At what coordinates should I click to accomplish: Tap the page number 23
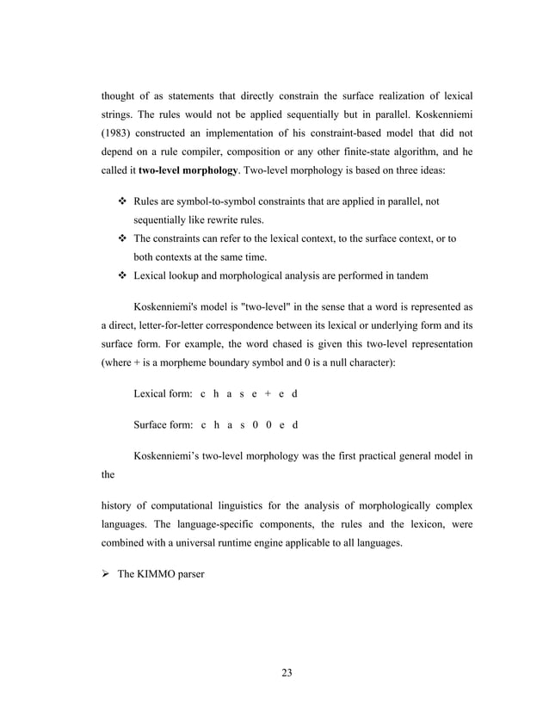(x=287, y=673)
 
